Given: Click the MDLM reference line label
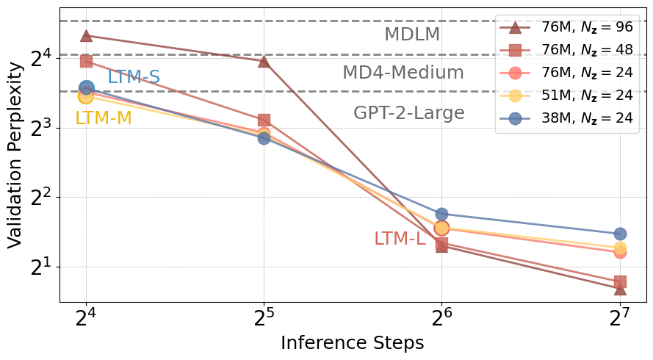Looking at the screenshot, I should point(412,35).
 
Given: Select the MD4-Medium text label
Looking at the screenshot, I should point(403,73).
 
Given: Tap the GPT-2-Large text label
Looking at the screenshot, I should point(408,113).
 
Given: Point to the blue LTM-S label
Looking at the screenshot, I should point(134,77).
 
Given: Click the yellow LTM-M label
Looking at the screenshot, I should point(104,118).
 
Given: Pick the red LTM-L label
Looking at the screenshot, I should point(400,239).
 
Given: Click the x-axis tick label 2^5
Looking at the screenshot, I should point(264,320).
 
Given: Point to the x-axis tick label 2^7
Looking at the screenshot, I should point(620,320).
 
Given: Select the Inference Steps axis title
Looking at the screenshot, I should point(353,343).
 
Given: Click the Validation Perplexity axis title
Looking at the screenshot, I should point(15,165).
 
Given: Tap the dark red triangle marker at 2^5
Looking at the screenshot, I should point(264,60).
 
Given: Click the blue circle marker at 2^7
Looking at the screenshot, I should point(620,234).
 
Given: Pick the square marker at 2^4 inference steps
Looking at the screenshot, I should point(86,61).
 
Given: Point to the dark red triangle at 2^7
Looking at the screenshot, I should point(620,289).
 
